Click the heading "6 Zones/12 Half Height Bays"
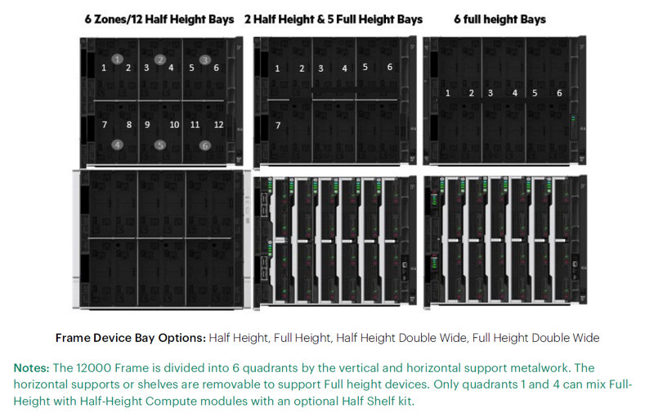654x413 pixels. [x=159, y=20]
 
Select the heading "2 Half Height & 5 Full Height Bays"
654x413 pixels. [x=334, y=20]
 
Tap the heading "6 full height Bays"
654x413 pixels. [x=499, y=20]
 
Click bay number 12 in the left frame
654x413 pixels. [x=218, y=125]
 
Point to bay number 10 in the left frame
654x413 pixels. [x=174, y=125]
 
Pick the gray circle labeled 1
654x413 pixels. [x=118, y=59]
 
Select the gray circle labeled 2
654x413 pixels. [x=160, y=60]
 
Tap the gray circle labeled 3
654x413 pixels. [x=205, y=60]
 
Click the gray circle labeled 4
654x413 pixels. [x=118, y=144]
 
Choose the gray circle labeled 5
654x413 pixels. [x=160, y=145]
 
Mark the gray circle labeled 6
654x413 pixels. [x=205, y=145]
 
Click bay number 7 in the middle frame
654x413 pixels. [x=278, y=126]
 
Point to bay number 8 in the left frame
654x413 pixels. [x=129, y=125]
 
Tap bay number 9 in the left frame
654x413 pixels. [x=147, y=125]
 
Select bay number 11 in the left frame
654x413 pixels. [x=195, y=125]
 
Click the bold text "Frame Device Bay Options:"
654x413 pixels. [x=131, y=338]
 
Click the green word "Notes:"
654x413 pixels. [x=32, y=368]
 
